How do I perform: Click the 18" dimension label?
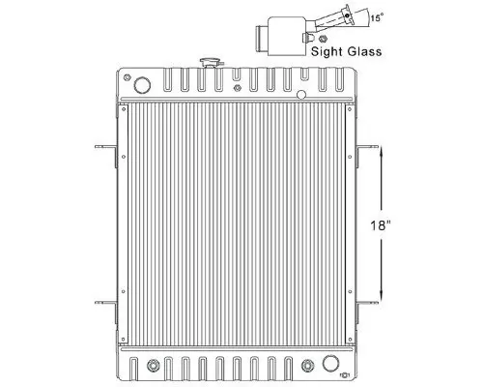[384, 225]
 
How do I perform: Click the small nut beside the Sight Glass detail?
[310, 39]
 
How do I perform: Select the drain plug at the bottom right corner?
[345, 373]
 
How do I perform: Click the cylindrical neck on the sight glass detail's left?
[262, 38]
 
